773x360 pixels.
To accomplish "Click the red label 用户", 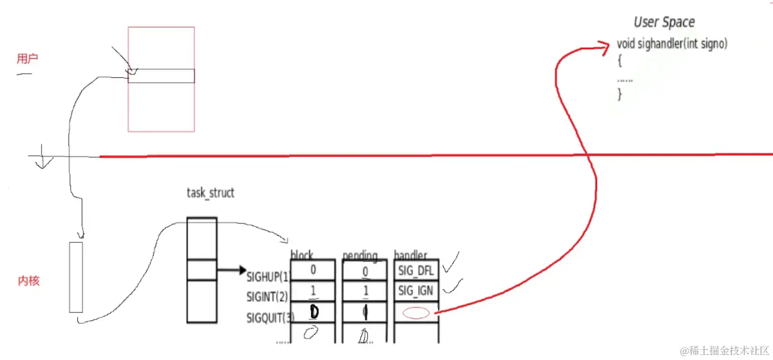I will [x=27, y=59].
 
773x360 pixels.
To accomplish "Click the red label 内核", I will [x=29, y=281].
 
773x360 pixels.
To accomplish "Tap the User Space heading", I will [x=664, y=22].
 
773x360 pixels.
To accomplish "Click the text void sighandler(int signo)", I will [x=672, y=44].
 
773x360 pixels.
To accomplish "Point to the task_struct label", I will [x=210, y=193].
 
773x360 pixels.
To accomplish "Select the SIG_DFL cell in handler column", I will [x=416, y=271].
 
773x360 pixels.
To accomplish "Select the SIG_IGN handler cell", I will [x=416, y=291].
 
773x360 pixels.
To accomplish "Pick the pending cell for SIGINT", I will [x=364, y=291].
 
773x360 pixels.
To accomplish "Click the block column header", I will [x=302, y=255].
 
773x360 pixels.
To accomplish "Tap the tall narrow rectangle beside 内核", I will [x=76, y=277].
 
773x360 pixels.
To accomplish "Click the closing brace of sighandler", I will [x=620, y=94].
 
